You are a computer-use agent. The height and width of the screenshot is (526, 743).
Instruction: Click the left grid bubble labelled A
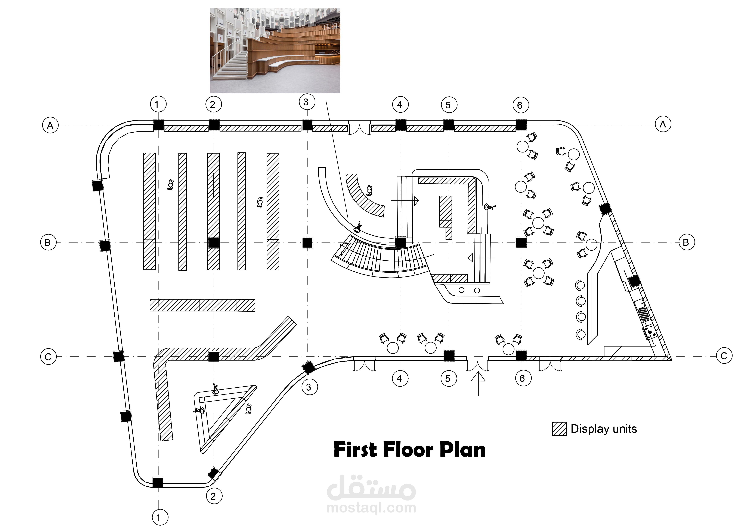(50, 125)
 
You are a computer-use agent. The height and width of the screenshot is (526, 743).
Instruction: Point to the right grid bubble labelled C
(724, 356)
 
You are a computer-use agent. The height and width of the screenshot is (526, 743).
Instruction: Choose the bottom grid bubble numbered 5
(448, 379)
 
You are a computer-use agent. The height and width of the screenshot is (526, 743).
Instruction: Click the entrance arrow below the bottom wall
(478, 384)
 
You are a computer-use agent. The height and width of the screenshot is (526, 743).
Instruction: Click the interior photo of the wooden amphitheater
(275, 51)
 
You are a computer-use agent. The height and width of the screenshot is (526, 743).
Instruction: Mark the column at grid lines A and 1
(158, 125)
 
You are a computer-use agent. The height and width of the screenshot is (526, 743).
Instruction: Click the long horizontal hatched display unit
(203, 305)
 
